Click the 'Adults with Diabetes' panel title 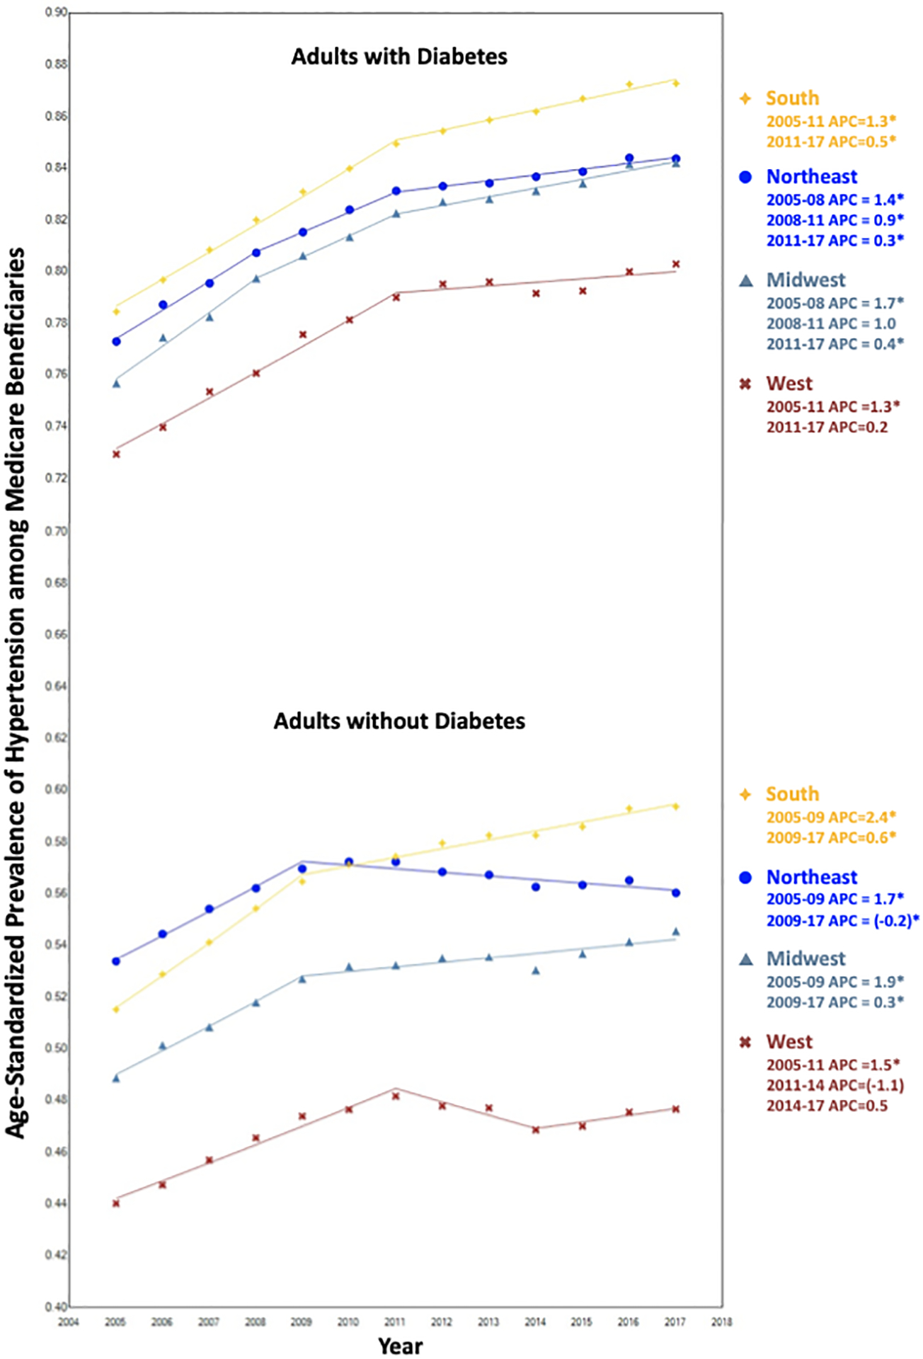399,57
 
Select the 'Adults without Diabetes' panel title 399,721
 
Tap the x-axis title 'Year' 400,1346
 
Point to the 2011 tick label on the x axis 394,1321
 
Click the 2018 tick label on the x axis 721,1321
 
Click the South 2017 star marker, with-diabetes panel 676,84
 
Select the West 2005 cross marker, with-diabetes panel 116,454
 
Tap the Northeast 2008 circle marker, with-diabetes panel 256,253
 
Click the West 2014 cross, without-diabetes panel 536,1130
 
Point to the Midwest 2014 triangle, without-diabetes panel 536,970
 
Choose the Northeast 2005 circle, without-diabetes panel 116,961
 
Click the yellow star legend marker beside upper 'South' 745,98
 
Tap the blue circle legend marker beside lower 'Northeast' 745,878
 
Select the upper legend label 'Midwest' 806,280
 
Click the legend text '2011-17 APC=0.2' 827,427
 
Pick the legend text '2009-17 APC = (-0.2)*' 842,921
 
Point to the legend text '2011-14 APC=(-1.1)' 835,1085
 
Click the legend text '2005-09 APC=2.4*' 831,817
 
